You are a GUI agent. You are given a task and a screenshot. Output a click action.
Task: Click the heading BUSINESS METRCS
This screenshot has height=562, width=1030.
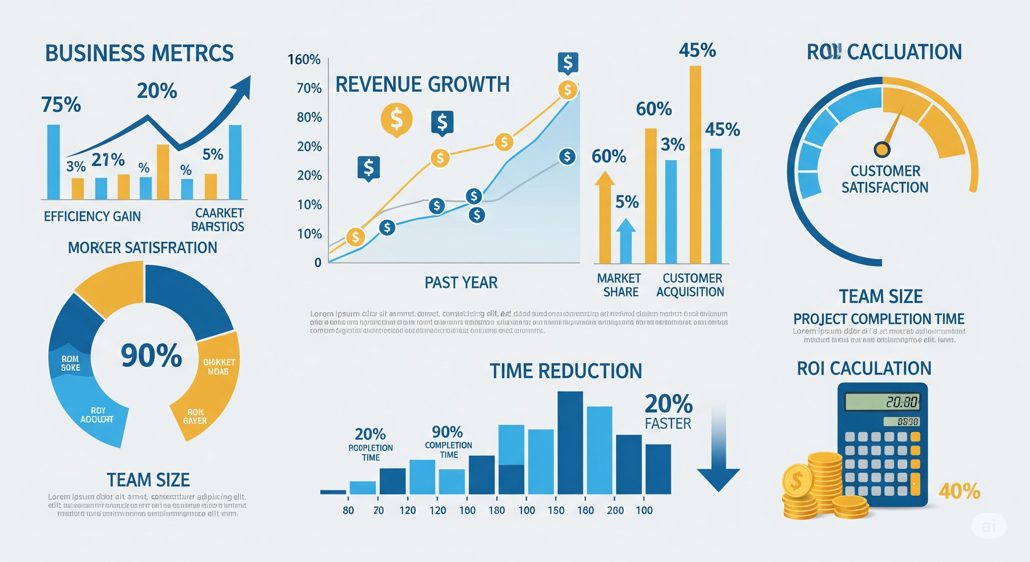139,53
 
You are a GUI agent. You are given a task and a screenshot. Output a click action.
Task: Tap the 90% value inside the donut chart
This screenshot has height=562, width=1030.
151,355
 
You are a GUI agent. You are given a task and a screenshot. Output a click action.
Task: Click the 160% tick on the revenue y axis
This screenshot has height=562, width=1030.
304,60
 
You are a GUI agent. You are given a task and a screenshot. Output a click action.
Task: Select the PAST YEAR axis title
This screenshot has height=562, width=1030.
461,283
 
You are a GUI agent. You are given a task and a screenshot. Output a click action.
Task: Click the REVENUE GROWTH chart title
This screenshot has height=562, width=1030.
422,85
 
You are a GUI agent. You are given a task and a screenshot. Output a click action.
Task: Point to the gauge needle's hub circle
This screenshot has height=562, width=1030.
882,149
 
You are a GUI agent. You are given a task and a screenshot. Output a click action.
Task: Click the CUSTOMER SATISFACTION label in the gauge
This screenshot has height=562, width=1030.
885,179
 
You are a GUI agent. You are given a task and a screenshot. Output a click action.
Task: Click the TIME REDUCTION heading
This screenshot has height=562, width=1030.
566,371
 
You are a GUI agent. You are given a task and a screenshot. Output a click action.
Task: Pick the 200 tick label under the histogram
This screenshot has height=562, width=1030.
615,510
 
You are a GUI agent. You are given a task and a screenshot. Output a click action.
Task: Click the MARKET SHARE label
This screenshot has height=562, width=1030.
619,285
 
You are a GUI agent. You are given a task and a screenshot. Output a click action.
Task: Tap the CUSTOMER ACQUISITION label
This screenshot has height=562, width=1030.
691,285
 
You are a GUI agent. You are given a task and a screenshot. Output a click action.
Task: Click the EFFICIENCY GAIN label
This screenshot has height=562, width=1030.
93,216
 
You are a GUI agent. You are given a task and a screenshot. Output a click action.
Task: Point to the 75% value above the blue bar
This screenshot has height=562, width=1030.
61,105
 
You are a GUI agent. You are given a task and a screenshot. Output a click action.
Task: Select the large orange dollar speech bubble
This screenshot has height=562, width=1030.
396,119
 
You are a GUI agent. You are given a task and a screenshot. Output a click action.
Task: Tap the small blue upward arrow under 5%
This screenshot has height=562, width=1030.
626,240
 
